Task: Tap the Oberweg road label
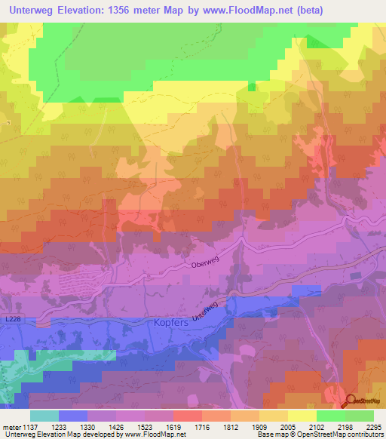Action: pos(205,264)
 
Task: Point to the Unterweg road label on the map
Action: pos(205,310)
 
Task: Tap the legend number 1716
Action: pos(201,426)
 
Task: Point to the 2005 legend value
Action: pos(287,426)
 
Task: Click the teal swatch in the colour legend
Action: pos(44,416)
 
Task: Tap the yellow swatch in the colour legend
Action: pos(302,416)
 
